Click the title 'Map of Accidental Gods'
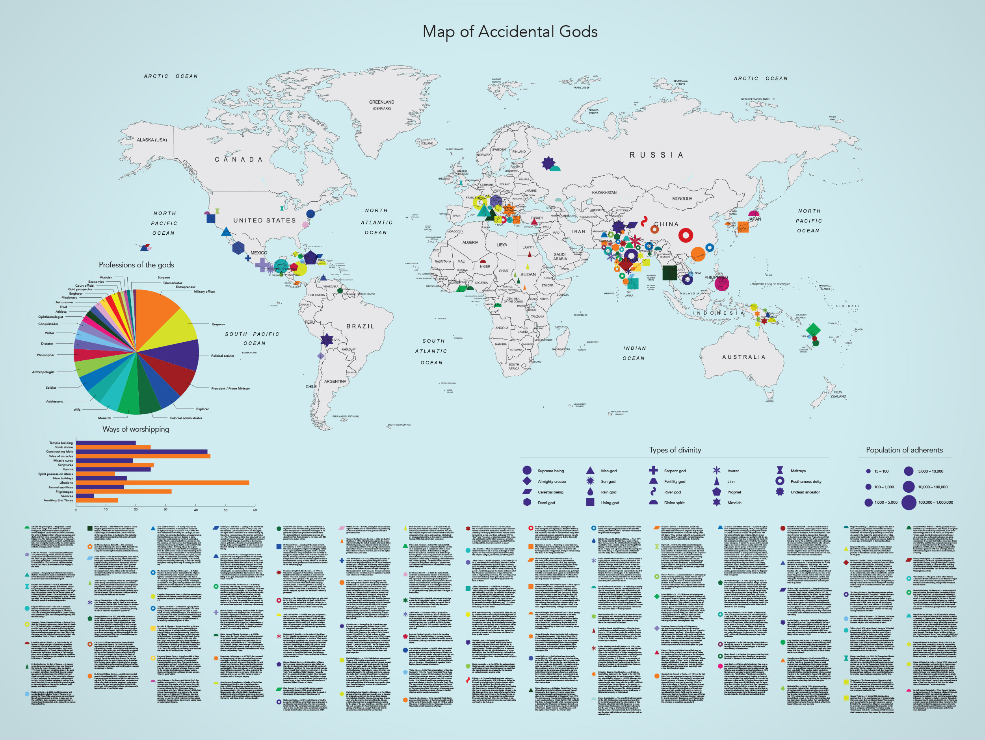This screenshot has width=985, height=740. (x=510, y=32)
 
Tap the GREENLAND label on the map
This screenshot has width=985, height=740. (x=382, y=102)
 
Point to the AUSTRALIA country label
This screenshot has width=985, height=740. (x=743, y=357)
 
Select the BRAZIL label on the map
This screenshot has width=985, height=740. (x=360, y=326)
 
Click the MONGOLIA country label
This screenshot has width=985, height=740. (x=682, y=198)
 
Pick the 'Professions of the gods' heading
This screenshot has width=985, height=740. (x=136, y=265)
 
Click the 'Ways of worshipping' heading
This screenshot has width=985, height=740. (x=136, y=429)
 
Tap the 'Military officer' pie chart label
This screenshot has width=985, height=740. (x=204, y=291)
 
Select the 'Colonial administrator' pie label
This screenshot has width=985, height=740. (x=186, y=418)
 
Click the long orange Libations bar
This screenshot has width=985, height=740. (x=163, y=482)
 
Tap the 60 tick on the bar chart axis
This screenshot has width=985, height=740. (x=255, y=510)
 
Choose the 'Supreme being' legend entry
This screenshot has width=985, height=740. (x=550, y=471)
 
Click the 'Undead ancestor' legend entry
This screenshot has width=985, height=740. (x=805, y=492)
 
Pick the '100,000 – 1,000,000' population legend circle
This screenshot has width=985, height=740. (x=909, y=503)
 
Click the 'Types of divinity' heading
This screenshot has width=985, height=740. (x=675, y=450)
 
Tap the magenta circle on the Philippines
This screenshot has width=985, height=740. (x=721, y=283)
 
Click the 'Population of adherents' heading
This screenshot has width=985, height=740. (x=904, y=450)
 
